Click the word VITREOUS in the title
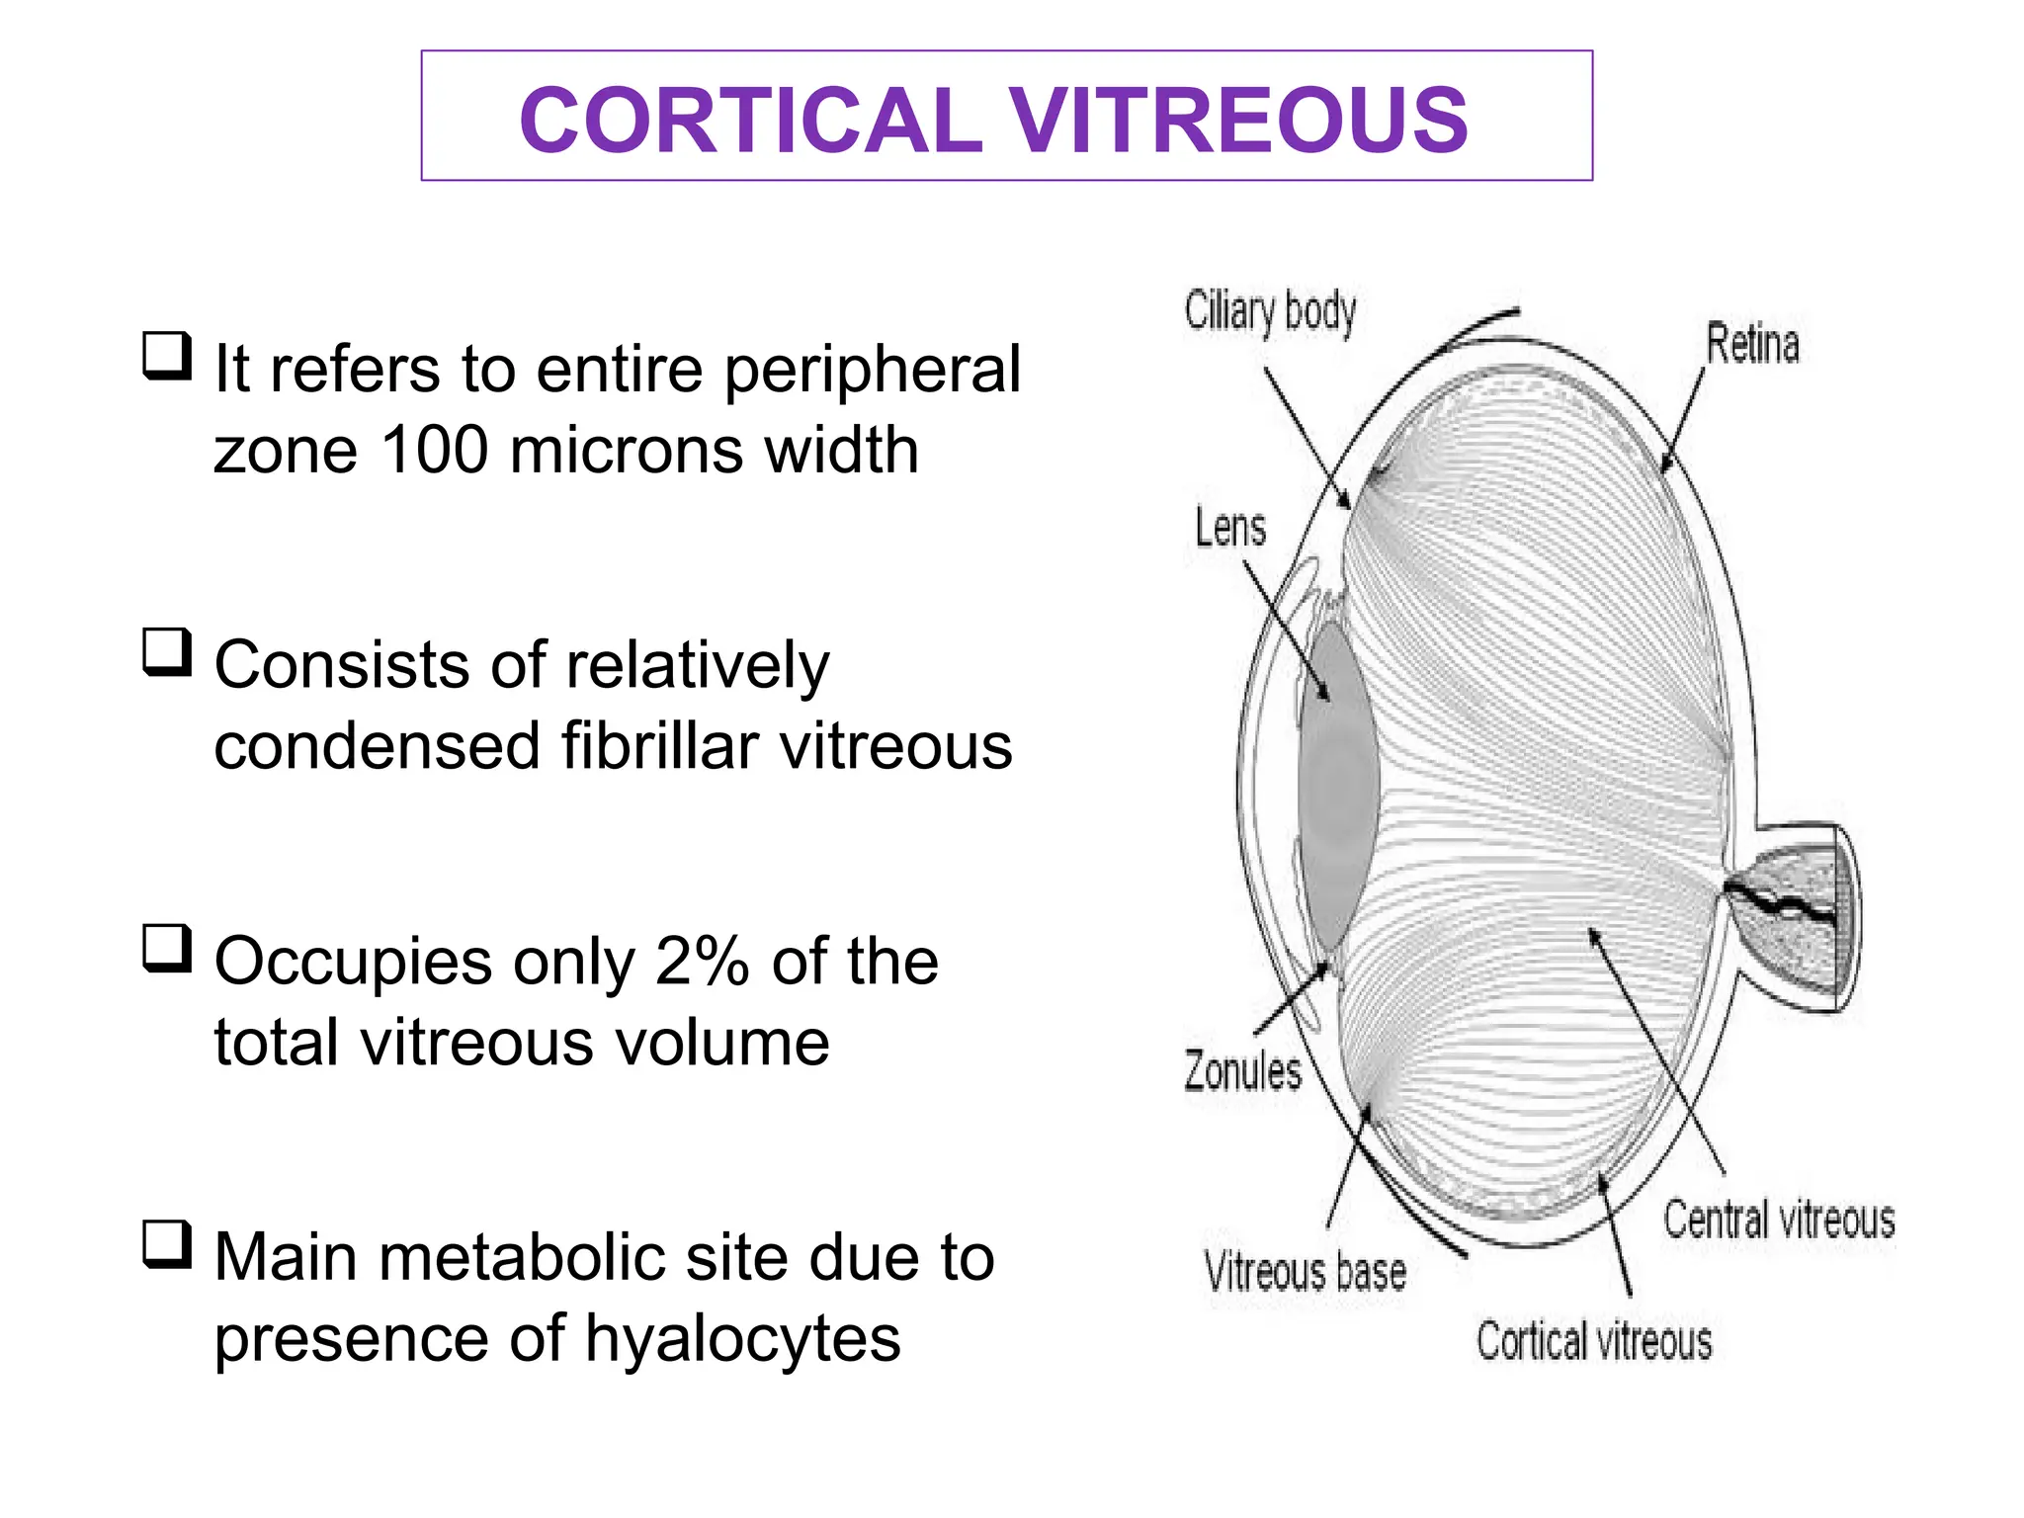click(x=1237, y=120)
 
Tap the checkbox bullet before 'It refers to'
click(x=166, y=357)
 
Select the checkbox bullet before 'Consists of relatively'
click(x=166, y=652)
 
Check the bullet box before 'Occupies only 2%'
click(x=166, y=948)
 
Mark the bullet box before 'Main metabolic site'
click(x=166, y=1244)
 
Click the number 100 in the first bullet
click(x=435, y=451)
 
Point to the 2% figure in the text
click(x=702, y=962)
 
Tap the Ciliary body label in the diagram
click(x=1270, y=312)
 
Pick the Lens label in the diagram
click(x=1230, y=527)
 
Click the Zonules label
click(x=1243, y=1072)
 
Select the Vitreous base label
click(x=1305, y=1272)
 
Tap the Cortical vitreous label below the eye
click(x=1594, y=1342)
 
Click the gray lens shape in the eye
click(x=1336, y=781)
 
